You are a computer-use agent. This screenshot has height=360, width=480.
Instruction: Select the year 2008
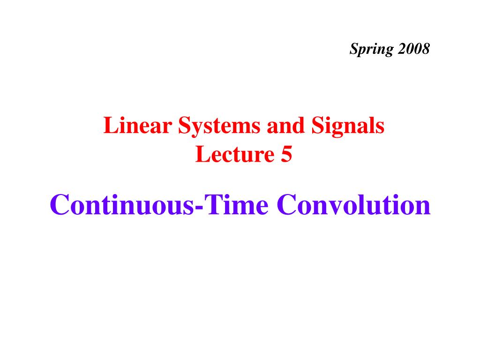[414, 49]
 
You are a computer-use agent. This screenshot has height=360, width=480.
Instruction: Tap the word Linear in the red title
[137, 125]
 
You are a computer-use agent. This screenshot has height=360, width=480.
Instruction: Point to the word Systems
[219, 126]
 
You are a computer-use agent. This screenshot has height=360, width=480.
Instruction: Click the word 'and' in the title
[285, 125]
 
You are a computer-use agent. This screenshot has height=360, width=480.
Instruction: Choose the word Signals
[348, 126]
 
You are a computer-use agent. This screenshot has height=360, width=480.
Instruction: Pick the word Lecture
[235, 154]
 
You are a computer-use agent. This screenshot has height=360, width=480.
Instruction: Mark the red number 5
[286, 154]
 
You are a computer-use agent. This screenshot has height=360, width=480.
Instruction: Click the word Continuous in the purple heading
[122, 204]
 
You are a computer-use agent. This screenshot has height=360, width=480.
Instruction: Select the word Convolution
[353, 204]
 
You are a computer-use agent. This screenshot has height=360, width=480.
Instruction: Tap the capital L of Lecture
[203, 154]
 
